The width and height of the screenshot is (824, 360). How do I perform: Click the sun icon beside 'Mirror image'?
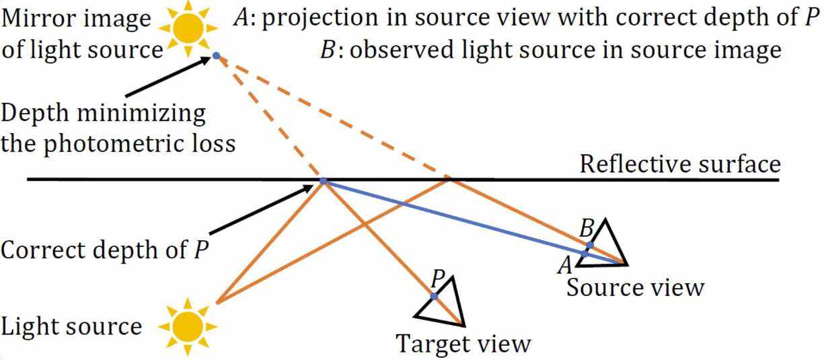click(188, 27)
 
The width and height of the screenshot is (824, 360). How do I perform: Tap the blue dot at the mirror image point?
click(216, 55)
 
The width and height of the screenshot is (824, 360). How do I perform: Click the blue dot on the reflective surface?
click(323, 181)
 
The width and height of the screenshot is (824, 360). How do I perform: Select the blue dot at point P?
click(434, 296)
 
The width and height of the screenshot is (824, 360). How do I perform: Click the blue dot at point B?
click(590, 246)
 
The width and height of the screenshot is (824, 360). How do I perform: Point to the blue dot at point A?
click(585, 254)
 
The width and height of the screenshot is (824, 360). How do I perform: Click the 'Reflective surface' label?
click(679, 164)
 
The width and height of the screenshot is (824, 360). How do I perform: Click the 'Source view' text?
click(635, 288)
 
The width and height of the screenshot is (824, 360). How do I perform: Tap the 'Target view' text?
click(463, 345)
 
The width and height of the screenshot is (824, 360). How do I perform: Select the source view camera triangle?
click(609, 242)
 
